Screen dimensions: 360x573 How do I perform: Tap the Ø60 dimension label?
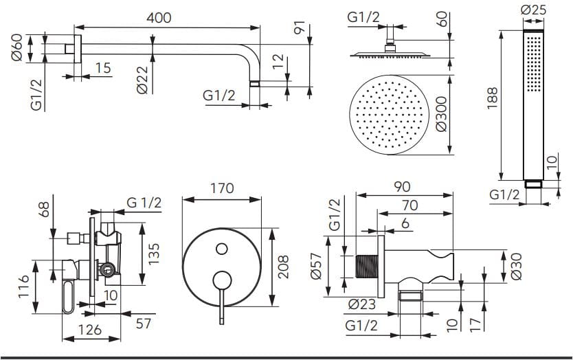click(18, 47)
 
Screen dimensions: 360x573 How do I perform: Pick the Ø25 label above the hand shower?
click(533, 11)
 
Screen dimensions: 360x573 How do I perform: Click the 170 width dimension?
click(221, 188)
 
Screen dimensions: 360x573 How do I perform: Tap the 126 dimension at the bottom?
click(89, 330)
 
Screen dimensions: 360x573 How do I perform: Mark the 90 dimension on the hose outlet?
click(403, 186)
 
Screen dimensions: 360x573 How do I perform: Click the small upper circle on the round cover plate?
click(221, 248)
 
